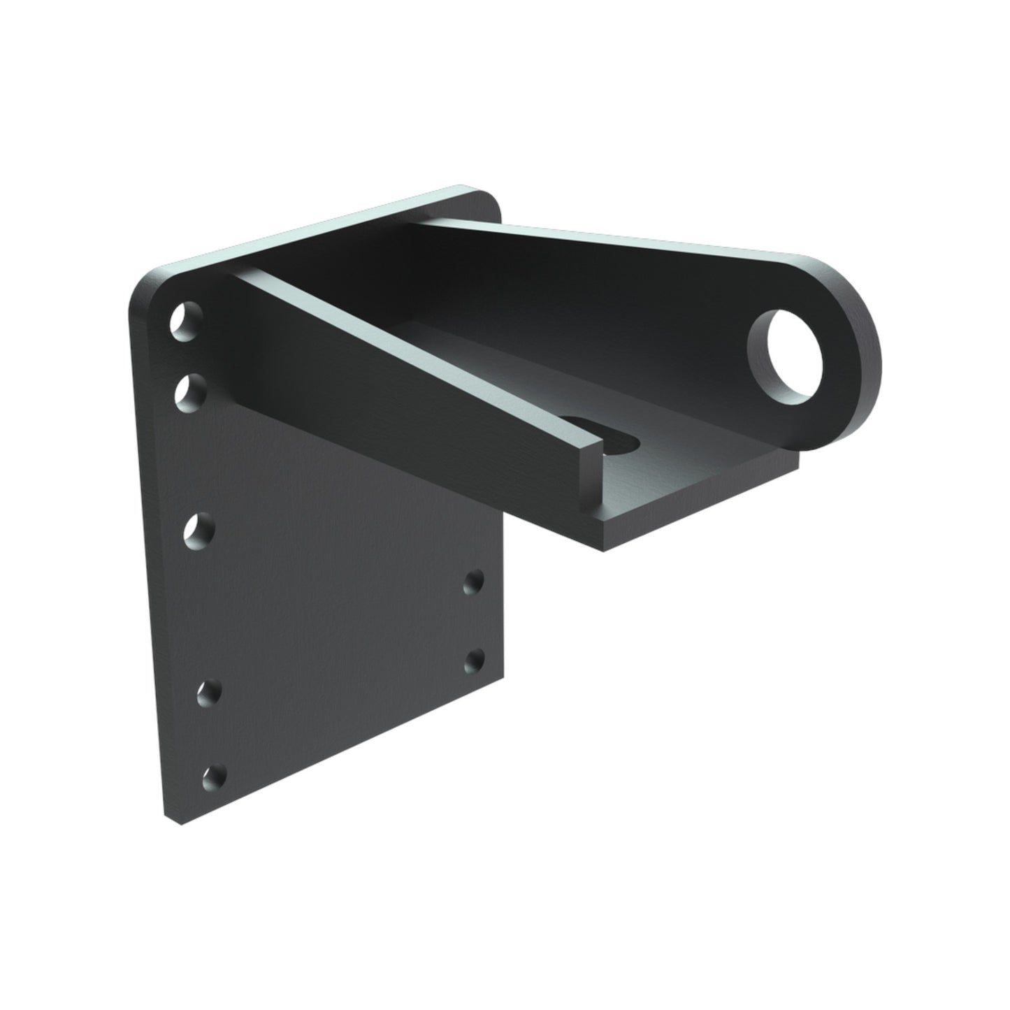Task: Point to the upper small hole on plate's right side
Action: [475, 580]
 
